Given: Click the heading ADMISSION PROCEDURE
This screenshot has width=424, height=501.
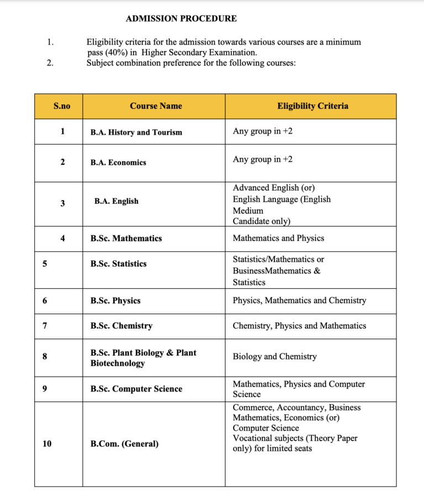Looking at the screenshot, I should (x=181, y=18).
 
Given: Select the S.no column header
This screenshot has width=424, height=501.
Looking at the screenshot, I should (x=62, y=106).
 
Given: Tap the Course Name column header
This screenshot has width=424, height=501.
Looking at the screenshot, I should (x=156, y=106).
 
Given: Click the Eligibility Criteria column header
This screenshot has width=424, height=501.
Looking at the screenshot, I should (x=312, y=106).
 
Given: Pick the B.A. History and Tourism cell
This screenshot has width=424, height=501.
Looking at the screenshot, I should (x=136, y=133).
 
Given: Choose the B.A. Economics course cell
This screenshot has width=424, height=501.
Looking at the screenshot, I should (x=118, y=162).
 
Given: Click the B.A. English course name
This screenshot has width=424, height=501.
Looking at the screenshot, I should (x=116, y=202).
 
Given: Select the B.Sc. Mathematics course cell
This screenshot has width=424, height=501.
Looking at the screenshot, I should (x=126, y=239).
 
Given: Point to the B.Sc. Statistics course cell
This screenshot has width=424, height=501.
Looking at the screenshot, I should (x=118, y=264).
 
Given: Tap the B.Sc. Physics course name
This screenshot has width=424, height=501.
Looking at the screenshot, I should (x=115, y=301).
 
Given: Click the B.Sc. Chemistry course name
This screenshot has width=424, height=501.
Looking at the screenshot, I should (x=121, y=326).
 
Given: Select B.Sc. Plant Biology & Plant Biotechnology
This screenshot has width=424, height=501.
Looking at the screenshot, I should (x=143, y=358).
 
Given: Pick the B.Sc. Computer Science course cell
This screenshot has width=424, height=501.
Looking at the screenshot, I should (x=136, y=389).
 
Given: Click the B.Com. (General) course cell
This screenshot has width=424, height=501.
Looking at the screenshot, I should (x=124, y=444).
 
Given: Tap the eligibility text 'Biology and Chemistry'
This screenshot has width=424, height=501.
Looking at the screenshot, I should (x=274, y=357).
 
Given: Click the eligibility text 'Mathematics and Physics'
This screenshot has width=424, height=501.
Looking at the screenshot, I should (x=278, y=239).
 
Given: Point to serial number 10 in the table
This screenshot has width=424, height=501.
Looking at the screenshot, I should (x=46, y=444).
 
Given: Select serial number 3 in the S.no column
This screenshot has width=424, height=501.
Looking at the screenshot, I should (x=62, y=203).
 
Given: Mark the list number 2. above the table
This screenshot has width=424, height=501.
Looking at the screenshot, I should (x=50, y=63).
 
